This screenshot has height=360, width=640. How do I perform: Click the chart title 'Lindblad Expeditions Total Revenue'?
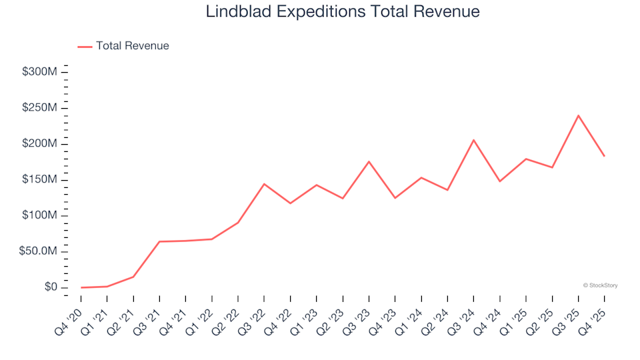(343, 12)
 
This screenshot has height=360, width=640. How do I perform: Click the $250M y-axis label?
(39, 108)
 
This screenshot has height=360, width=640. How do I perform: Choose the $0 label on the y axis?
(51, 287)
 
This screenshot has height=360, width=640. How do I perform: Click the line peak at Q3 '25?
(578, 115)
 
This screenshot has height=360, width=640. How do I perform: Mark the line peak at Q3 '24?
(473, 140)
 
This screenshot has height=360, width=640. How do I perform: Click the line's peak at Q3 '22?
(264, 184)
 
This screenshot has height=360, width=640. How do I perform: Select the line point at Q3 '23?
(369, 161)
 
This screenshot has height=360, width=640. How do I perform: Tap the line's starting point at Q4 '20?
(81, 287)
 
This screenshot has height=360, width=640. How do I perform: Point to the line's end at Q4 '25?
(604, 156)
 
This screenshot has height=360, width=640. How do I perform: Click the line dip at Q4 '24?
(499, 181)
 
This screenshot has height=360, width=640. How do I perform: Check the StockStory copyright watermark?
(600, 285)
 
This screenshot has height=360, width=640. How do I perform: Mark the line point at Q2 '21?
(133, 277)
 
